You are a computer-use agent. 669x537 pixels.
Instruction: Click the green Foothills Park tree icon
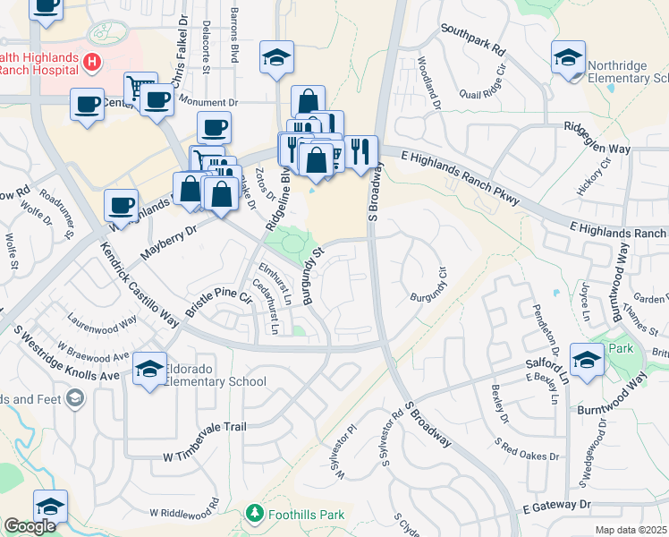(255, 514)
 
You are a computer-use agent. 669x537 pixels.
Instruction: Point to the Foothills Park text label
(307, 515)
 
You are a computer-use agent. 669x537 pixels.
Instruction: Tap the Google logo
(29, 526)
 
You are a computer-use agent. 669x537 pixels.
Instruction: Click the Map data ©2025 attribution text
(631, 530)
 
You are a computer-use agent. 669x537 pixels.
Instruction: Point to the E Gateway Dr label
(553, 507)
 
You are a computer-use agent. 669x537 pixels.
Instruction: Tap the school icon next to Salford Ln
(587, 361)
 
